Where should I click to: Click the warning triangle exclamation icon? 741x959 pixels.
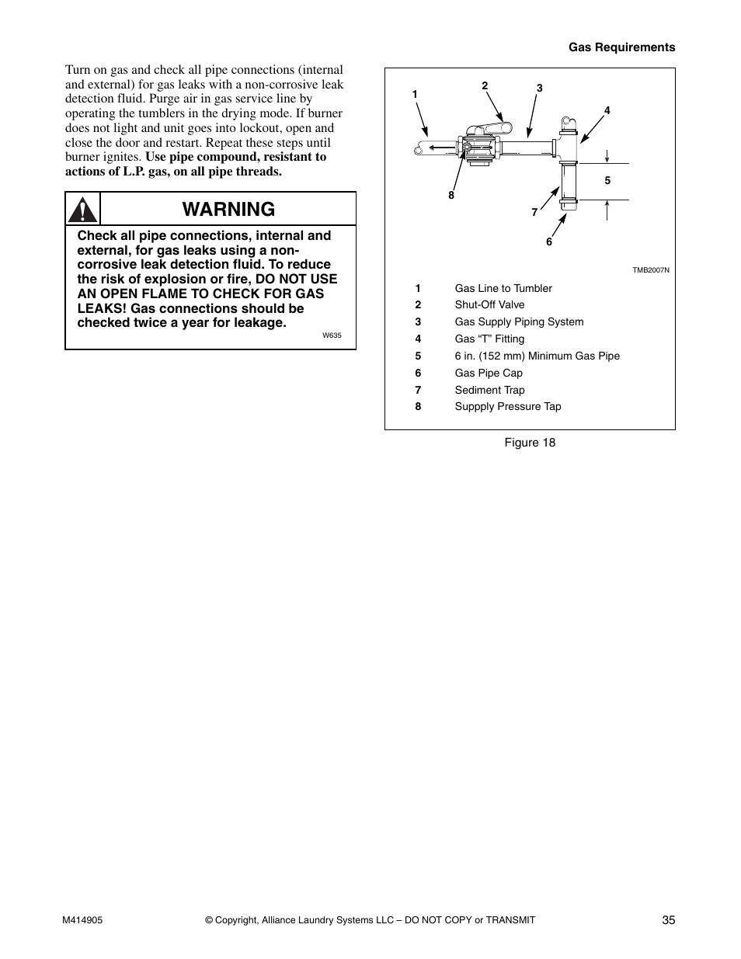click(x=82, y=210)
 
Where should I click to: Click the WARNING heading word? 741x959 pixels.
click(x=229, y=209)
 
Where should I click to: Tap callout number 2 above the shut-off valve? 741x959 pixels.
click(x=485, y=86)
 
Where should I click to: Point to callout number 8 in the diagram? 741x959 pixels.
click(x=451, y=196)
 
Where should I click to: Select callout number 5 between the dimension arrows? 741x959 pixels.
click(x=607, y=181)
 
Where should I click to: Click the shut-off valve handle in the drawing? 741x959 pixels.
click(x=489, y=130)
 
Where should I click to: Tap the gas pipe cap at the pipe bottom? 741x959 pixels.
click(x=567, y=206)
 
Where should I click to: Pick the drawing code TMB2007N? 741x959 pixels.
click(x=650, y=270)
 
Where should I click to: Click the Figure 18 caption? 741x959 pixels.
click(x=530, y=443)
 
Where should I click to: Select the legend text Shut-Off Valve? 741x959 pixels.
click(x=489, y=305)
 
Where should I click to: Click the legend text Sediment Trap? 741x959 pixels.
click(x=489, y=391)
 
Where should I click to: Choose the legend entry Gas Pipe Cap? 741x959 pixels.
click(x=489, y=374)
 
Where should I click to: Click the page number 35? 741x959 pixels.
click(x=669, y=920)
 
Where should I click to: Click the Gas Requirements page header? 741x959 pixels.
click(x=621, y=47)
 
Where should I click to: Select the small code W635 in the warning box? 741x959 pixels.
click(x=332, y=336)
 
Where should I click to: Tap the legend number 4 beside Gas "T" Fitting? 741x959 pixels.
click(x=418, y=339)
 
